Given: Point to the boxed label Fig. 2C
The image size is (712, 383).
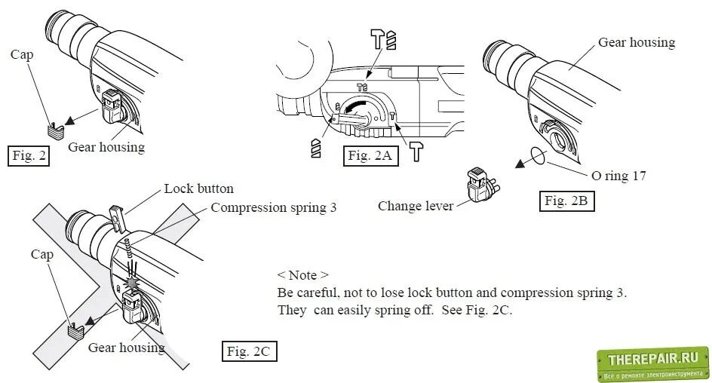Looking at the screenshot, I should pos(248,351).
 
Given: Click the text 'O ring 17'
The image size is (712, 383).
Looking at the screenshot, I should pos(618,176).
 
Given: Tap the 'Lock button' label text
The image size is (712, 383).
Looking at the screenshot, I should pos(198,188).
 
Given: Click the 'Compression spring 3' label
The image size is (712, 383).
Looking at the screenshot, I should pos(273,207).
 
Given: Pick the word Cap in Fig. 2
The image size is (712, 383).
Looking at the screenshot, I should pos(21,54).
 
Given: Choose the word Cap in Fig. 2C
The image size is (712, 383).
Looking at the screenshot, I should pos(42,254).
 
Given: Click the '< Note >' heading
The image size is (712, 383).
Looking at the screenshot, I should pos(302,275).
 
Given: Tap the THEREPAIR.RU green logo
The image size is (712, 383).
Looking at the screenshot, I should pos(653,364).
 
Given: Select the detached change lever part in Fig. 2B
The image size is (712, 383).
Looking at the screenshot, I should pos(480,185).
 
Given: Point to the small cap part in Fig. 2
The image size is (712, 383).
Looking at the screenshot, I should pos(53,129).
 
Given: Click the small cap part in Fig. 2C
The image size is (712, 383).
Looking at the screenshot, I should pos(75,329).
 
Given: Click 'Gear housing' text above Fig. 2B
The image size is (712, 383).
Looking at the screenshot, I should pos(636,43).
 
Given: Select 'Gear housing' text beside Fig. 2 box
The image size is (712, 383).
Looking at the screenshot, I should pos(106,147).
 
